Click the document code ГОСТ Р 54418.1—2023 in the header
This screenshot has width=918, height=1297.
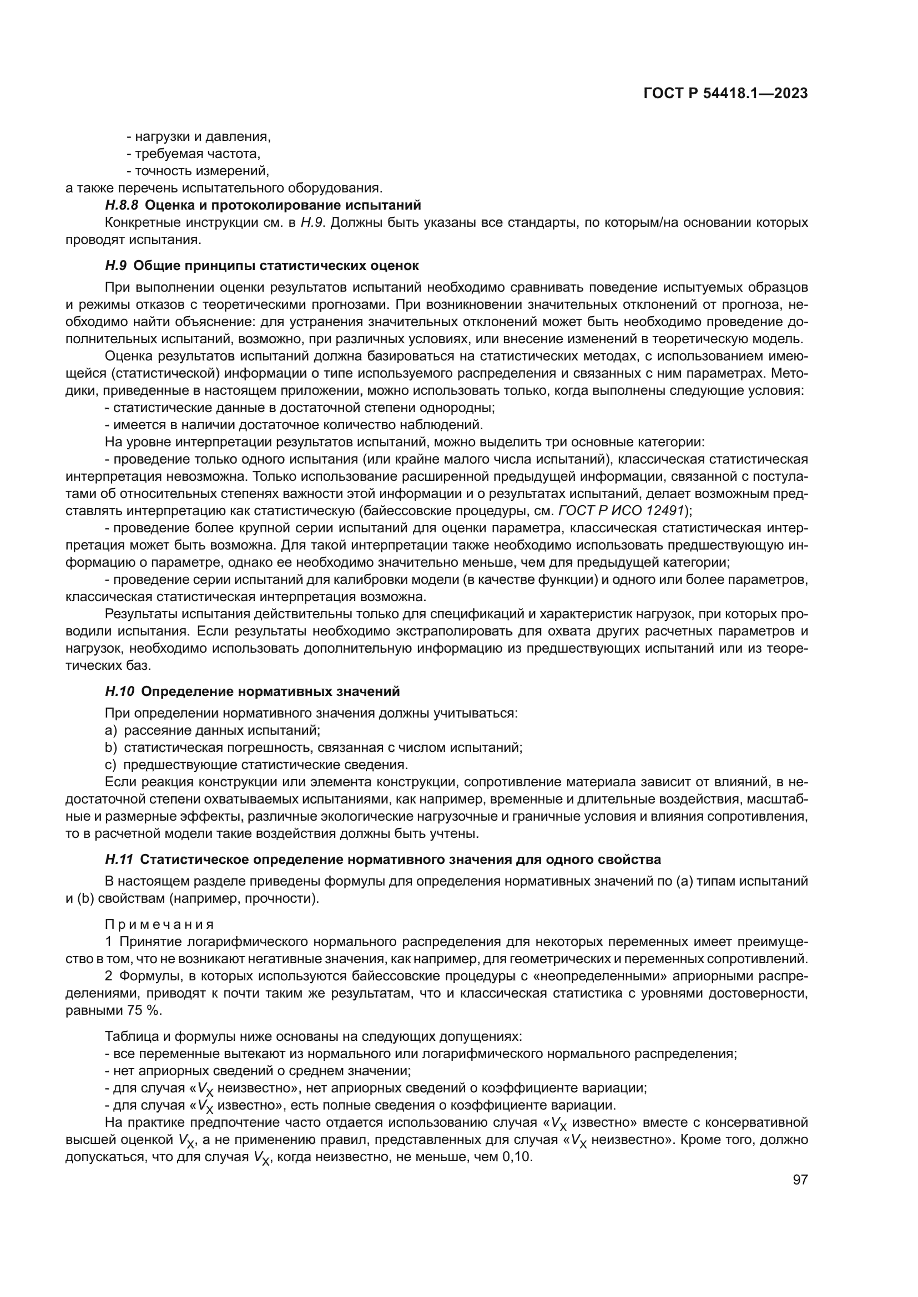[x=725, y=94]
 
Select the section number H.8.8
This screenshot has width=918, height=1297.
[x=122, y=205]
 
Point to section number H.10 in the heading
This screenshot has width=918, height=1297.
[x=119, y=691]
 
